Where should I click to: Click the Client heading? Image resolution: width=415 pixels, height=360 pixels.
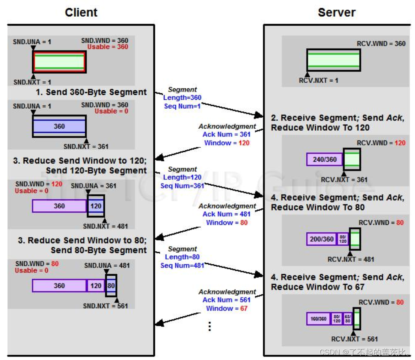[82, 13]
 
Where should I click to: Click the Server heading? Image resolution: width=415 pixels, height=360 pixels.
[336, 13]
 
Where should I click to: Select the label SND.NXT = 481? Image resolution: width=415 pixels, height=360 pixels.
[105, 226]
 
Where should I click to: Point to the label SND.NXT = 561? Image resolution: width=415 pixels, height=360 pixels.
[105, 306]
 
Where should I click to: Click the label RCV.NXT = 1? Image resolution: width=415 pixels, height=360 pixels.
[318, 81]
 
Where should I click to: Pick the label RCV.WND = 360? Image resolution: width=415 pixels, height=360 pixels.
[381, 43]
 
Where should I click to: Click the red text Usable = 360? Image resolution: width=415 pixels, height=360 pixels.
[108, 47]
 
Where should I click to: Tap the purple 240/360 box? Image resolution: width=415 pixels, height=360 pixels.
[324, 159]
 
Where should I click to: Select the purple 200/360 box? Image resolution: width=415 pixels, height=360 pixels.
[322, 239]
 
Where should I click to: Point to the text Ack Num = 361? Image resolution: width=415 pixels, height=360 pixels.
[226, 134]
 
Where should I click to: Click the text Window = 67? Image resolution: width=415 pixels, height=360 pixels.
[226, 308]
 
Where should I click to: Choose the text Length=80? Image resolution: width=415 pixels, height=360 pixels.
[182, 257]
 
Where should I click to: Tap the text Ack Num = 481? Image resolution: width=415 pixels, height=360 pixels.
[226, 214]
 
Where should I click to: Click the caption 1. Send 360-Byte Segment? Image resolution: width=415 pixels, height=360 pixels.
[91, 92]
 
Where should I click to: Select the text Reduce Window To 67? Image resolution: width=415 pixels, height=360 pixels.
[318, 287]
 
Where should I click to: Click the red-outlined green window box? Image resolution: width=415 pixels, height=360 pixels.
[59, 62]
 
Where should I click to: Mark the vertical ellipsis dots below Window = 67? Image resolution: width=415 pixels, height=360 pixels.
[210, 326]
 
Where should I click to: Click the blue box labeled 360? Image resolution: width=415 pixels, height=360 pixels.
[59, 127]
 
